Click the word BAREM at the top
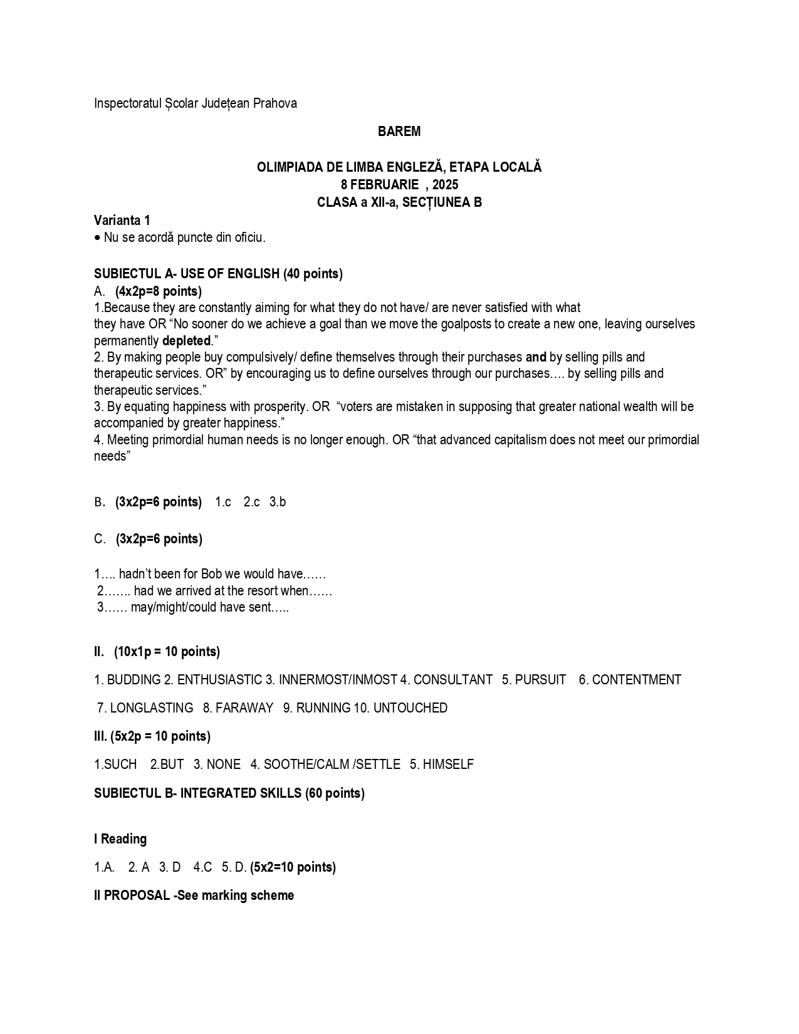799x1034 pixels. (399, 132)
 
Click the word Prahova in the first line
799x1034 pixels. (275, 103)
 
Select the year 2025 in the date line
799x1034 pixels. (445, 185)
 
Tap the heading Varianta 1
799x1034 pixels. (122, 221)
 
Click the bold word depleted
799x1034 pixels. (186, 341)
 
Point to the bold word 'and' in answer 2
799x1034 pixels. (536, 357)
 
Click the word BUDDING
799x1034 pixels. (134, 680)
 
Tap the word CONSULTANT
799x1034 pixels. (452, 680)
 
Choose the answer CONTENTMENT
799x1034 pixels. (636, 680)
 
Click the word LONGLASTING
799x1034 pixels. (151, 708)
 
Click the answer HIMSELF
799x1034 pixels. (448, 765)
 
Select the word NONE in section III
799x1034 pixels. (223, 765)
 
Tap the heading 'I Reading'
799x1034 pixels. (120, 839)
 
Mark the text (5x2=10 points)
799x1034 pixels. (293, 867)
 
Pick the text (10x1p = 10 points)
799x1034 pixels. (167, 652)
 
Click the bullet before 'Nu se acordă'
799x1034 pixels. (97, 238)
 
